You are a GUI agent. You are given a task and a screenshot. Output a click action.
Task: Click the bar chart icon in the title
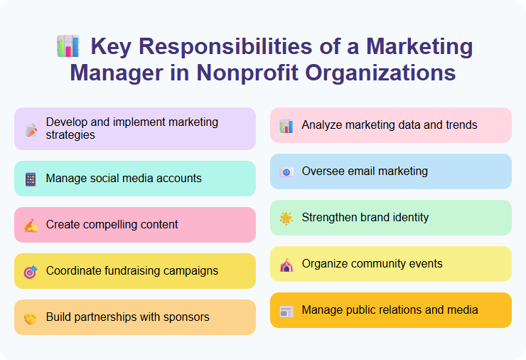pyautogui.click(x=68, y=46)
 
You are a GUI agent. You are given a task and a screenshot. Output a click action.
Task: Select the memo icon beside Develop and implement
pyautogui.click(x=31, y=129)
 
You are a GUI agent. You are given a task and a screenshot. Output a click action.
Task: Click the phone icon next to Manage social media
pyautogui.click(x=31, y=179)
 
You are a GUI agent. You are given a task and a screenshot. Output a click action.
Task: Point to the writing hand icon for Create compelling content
pyautogui.click(x=31, y=226)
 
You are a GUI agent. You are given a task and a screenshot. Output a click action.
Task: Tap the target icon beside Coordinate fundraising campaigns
pyautogui.click(x=31, y=272)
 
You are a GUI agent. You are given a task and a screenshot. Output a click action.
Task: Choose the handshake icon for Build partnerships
pyautogui.click(x=31, y=318)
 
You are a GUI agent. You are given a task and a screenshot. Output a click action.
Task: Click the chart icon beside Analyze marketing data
pyautogui.click(x=286, y=126)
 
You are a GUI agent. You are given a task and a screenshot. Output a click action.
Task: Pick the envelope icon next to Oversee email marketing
pyautogui.click(x=286, y=172)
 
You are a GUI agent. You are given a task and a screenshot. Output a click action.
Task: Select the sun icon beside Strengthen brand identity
pyautogui.click(x=286, y=218)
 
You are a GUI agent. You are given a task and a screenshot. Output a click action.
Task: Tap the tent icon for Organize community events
pyautogui.click(x=286, y=265)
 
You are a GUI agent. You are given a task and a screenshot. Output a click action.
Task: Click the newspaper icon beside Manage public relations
pyautogui.click(x=286, y=311)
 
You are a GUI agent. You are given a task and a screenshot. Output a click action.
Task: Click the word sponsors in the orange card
pyautogui.click(x=186, y=317)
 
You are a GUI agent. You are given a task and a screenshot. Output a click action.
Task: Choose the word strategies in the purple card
pyautogui.click(x=70, y=135)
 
